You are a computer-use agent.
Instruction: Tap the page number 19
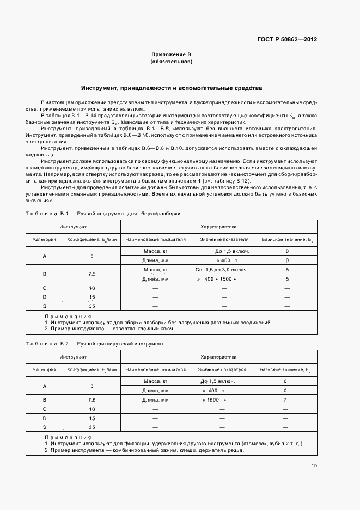click(x=314, y=465)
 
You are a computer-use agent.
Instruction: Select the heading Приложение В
click(x=171, y=55)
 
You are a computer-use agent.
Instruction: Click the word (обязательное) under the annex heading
click(x=171, y=62)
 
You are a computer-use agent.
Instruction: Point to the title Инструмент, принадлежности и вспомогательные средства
click(x=171, y=88)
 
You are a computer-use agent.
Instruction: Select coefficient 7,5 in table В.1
click(x=92, y=274)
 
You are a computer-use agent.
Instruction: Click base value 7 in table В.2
click(x=285, y=399)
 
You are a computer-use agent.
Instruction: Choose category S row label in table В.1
click(x=45, y=306)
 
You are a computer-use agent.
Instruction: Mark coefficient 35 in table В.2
click(x=92, y=427)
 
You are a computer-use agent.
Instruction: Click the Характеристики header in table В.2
click(x=218, y=356)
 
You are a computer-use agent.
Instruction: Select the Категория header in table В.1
click(x=45, y=239)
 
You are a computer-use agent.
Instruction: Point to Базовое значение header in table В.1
click(x=286, y=239)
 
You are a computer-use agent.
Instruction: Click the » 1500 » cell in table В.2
click(x=213, y=399)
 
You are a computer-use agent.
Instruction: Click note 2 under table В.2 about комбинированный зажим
click(x=144, y=450)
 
